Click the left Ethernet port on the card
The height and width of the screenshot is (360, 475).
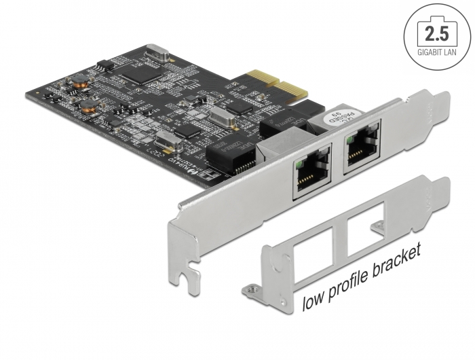311,180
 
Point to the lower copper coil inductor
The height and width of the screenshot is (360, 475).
88,105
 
